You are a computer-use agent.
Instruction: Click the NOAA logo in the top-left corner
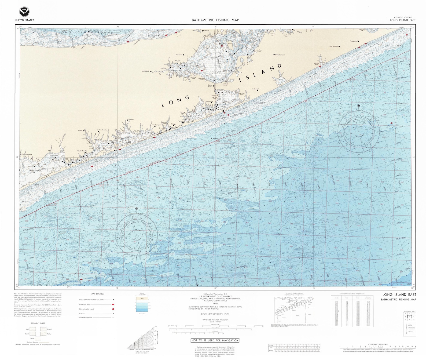[24, 12]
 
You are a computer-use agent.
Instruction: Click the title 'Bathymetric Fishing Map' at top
[215, 20]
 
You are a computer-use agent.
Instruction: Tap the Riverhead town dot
[151, 71]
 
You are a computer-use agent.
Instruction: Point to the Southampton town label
[256, 89]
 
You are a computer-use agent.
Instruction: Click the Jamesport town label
[179, 55]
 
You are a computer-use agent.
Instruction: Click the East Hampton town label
[334, 46]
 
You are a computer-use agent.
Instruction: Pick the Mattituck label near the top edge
[206, 31]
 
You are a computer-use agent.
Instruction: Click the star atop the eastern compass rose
[359, 106]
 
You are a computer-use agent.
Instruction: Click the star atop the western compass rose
[137, 209]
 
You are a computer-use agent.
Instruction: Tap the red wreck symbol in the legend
[113, 304]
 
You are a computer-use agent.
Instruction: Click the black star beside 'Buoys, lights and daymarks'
[113, 300]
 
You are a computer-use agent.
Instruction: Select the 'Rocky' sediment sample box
[43, 334]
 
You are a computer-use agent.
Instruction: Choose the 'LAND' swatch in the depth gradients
[142, 298]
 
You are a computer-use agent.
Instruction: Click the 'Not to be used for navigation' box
[215, 340]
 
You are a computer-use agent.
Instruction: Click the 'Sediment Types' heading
[38, 323]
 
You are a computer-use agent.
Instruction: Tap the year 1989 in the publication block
[215, 304]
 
